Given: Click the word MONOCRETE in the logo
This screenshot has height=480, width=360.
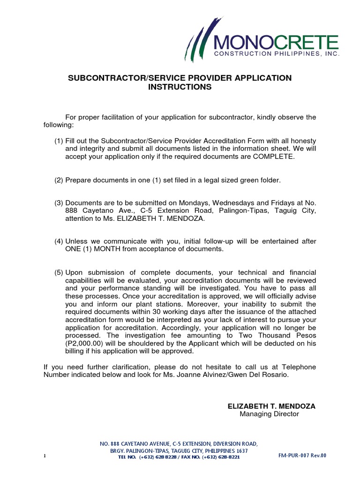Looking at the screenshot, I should tap(276, 43).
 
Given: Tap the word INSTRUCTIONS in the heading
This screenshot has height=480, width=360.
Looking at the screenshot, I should tap(180, 87).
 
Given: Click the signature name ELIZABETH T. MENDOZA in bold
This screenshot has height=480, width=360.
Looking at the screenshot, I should tap(271, 406).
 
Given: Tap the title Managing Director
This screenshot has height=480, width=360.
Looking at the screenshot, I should tap(269, 414).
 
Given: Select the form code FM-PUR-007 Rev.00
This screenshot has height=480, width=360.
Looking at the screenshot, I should tap(301, 455).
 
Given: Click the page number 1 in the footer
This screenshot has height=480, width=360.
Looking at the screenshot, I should tap(45, 456).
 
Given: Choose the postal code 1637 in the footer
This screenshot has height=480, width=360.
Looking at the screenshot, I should tap(241, 450).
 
